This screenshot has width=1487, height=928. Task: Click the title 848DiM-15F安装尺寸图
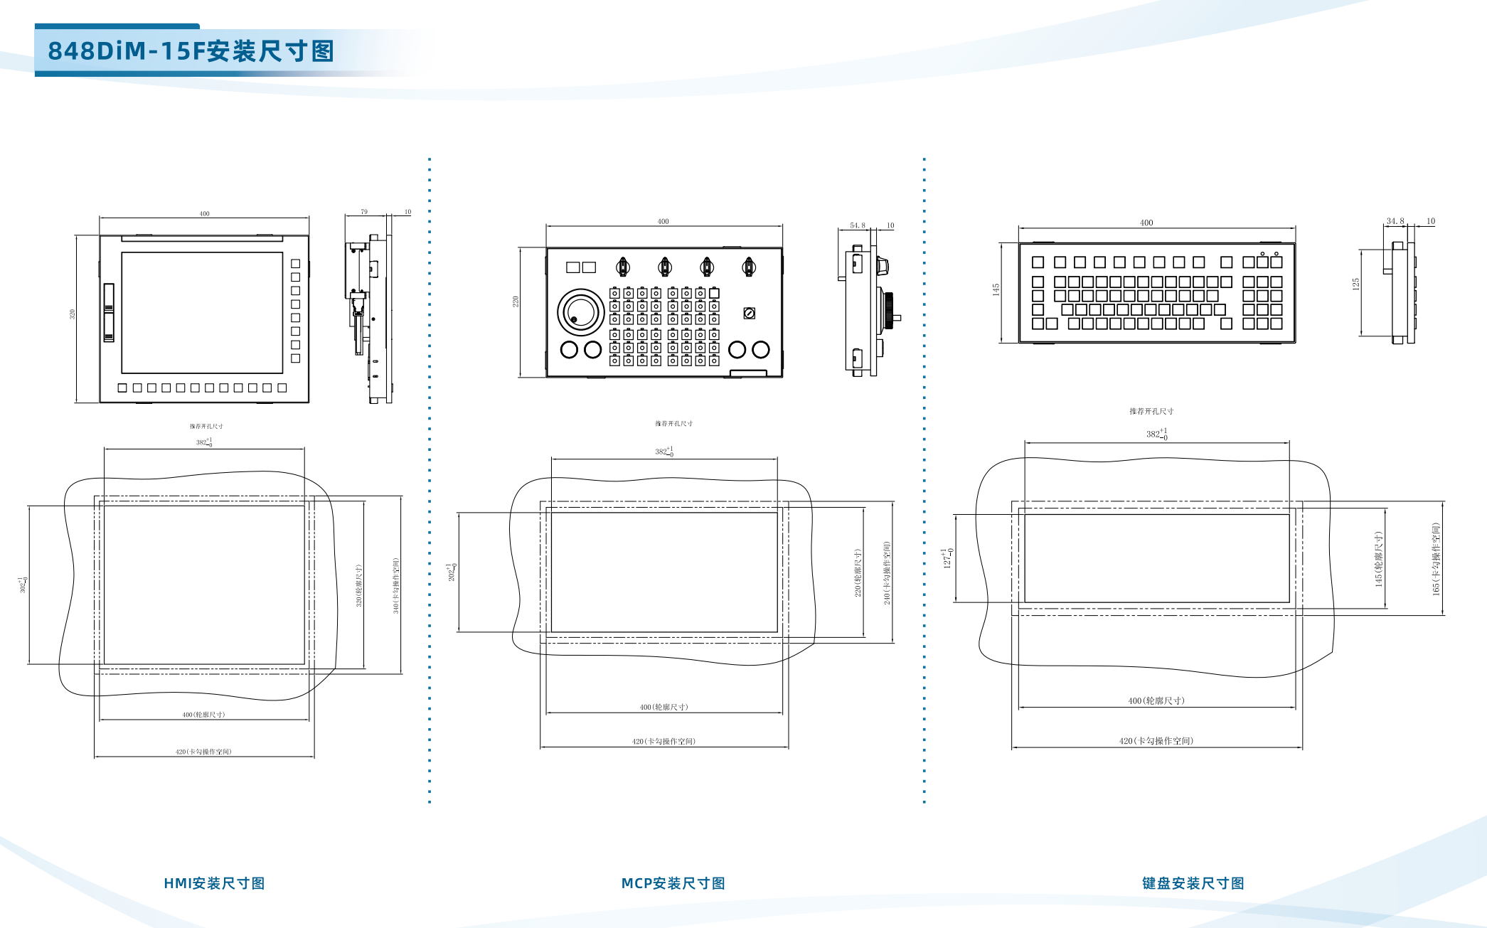[x=191, y=51]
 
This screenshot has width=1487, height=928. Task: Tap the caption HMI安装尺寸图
[x=214, y=883]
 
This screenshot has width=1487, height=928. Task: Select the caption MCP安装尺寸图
[x=673, y=883]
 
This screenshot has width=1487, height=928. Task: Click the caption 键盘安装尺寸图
[x=1193, y=883]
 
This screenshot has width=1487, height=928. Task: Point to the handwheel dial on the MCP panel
[x=581, y=312]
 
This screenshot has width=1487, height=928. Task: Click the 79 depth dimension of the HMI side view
[x=364, y=212]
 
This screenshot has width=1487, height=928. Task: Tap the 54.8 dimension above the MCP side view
[x=858, y=225]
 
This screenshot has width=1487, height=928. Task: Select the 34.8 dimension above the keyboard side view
[x=1395, y=221]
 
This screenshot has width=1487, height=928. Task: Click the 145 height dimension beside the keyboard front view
[x=996, y=289]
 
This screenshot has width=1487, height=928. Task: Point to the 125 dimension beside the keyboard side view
[x=1356, y=284]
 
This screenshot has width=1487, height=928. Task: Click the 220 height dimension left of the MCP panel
[x=516, y=302]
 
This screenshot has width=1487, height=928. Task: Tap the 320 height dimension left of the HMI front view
[x=72, y=314]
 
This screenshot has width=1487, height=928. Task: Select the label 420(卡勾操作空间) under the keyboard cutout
[x=1156, y=741]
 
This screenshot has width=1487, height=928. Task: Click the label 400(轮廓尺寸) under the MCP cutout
[x=663, y=707]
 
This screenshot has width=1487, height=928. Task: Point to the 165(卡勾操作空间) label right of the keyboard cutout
[x=1436, y=559]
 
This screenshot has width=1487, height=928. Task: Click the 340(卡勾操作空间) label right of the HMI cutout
[x=396, y=586]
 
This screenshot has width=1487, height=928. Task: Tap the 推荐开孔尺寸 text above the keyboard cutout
[x=1151, y=411]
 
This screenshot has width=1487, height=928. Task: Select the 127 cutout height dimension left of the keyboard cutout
[x=947, y=558]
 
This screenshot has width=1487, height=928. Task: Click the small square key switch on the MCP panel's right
[x=749, y=313]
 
